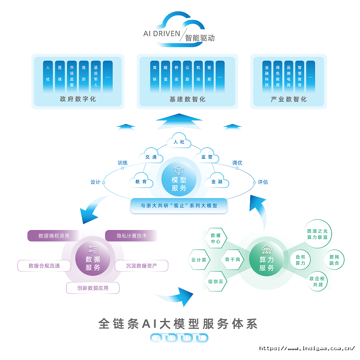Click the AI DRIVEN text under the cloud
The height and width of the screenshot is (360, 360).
[161, 34]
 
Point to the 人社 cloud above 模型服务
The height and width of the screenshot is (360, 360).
[179, 142]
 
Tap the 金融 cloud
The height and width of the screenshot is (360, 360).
[217, 182]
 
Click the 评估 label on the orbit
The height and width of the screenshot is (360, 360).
[263, 182]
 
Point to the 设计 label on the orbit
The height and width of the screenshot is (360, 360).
[95, 182]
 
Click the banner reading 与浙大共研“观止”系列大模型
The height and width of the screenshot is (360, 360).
[179, 206]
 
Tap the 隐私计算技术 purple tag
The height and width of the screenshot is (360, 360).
[132, 236]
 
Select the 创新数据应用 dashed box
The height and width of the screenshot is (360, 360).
[93, 288]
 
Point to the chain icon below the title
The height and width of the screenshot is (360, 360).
[180, 338]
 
